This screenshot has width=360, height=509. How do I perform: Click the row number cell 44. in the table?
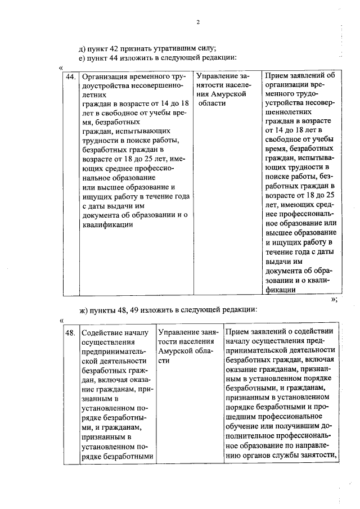pyautogui.click(x=71, y=76)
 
